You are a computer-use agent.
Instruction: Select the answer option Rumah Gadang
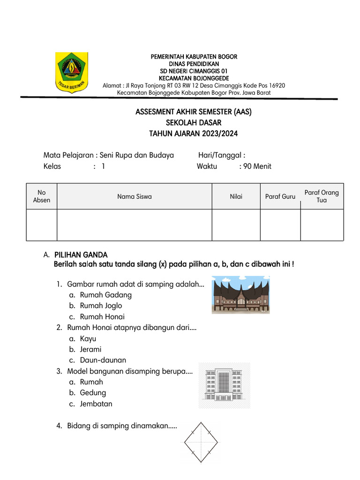pos(106,295)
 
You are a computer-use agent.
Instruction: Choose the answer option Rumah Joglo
pos(101,306)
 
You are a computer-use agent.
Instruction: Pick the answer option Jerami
pos(90,349)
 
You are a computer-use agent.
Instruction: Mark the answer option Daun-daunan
pos(103,360)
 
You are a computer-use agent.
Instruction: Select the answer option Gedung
pos(93,393)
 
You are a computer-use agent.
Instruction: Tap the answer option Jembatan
pos(96,404)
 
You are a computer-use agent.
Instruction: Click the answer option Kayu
pos(88,338)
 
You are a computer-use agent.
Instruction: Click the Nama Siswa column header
pos(134,197)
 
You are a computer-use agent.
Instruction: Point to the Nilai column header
pos(236,197)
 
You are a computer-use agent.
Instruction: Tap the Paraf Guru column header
pos(280,197)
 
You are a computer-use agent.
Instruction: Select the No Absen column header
pos(42,196)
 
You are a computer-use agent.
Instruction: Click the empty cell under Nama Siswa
pos(134,225)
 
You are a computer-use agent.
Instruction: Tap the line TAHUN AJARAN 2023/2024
pos(193,134)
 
